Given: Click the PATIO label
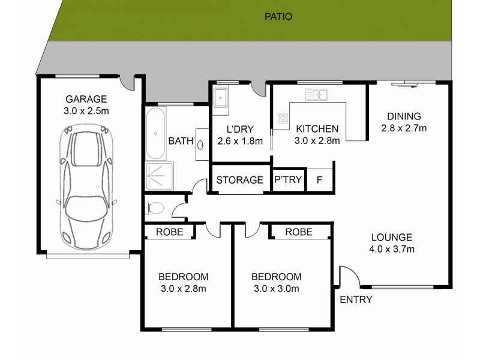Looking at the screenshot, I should [x=278, y=17].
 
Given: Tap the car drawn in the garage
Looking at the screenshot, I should [x=85, y=186].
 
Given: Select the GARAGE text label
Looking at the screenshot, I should [x=86, y=99].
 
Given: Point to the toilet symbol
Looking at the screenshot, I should [x=155, y=208].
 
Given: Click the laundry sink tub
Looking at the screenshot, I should [x=220, y=98].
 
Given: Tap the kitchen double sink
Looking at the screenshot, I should [x=316, y=94].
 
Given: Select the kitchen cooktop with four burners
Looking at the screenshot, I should [x=281, y=119].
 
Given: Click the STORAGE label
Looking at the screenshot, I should [x=239, y=180].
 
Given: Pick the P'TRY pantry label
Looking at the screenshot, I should [x=287, y=180].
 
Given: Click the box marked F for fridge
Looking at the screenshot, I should [x=319, y=180].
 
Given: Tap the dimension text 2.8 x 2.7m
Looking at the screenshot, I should [x=403, y=128].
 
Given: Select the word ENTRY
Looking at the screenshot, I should [x=356, y=299].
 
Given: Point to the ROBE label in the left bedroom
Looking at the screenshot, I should [x=169, y=232].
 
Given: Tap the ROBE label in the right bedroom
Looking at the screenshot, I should [x=298, y=232].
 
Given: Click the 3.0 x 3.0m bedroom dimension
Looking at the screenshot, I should [x=275, y=289].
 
